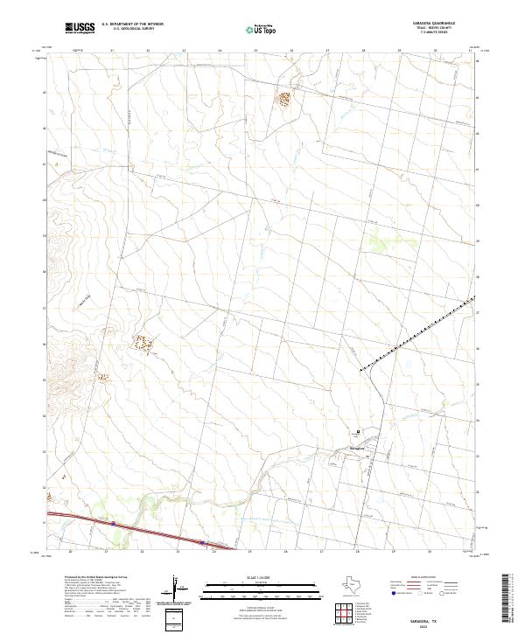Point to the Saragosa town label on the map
(x=357, y=448)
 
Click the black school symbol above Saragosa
(x=357, y=430)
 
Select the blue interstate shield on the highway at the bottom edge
(x=114, y=524)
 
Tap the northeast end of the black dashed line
(x=473, y=298)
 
